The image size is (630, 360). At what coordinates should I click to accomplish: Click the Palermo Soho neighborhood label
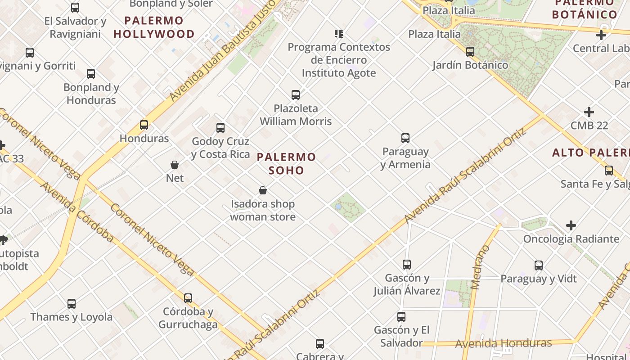pyautogui.click(x=287, y=163)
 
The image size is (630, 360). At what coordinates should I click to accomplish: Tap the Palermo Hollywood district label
pyautogui.click(x=154, y=27)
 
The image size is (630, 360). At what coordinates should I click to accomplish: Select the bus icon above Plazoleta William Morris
pyautogui.click(x=296, y=95)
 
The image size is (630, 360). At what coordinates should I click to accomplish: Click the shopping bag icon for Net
pyautogui.click(x=175, y=165)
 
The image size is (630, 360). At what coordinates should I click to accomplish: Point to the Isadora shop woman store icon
pyautogui.click(x=263, y=191)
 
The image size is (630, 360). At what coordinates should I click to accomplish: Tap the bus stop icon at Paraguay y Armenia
pyautogui.click(x=405, y=138)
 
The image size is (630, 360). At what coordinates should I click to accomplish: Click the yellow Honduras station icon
pyautogui.click(x=144, y=125)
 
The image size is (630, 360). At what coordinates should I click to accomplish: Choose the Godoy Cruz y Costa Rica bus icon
pyautogui.click(x=220, y=128)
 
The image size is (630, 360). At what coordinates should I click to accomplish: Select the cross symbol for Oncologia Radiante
pyautogui.click(x=571, y=225)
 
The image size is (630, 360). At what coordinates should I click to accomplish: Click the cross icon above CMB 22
pyautogui.click(x=589, y=112)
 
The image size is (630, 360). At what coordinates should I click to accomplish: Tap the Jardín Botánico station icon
pyautogui.click(x=470, y=52)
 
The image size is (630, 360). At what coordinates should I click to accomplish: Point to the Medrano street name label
pyautogui.click(x=480, y=267)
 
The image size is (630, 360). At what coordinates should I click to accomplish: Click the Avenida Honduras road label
pyautogui.click(x=503, y=343)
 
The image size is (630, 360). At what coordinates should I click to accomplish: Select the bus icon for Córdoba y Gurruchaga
pyautogui.click(x=188, y=298)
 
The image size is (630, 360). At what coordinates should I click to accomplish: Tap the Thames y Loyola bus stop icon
pyautogui.click(x=72, y=304)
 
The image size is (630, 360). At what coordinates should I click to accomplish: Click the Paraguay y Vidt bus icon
pyautogui.click(x=539, y=265)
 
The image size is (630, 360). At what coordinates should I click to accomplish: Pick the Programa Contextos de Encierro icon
pyautogui.click(x=339, y=34)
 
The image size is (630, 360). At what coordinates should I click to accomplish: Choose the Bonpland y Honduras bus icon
pyautogui.click(x=91, y=74)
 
